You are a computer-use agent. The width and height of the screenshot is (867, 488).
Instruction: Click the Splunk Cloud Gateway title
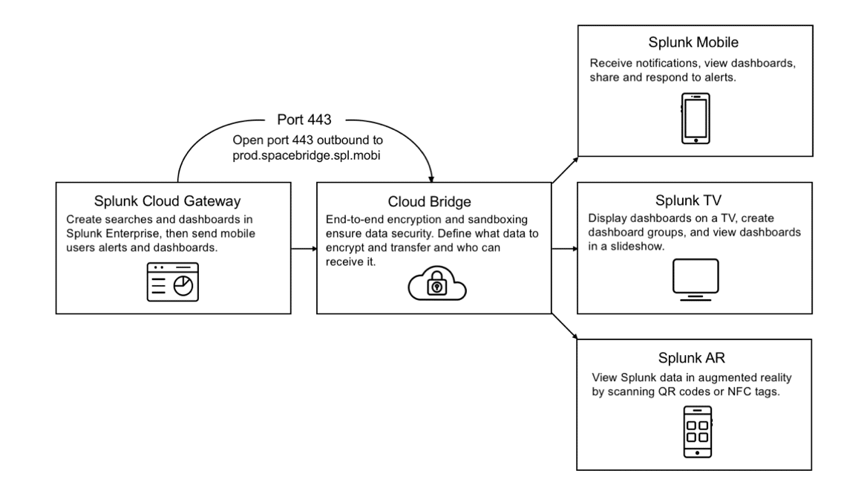pyautogui.click(x=167, y=201)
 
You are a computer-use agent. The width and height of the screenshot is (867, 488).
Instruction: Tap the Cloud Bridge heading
pyautogui.click(x=429, y=201)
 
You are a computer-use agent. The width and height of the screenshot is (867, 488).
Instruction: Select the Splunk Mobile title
pyautogui.click(x=693, y=42)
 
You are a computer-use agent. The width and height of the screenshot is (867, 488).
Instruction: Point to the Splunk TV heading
pyautogui.click(x=688, y=201)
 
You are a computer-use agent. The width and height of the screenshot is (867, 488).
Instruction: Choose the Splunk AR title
pyautogui.click(x=691, y=358)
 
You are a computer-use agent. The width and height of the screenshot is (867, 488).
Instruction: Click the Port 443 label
pyautogui.click(x=304, y=120)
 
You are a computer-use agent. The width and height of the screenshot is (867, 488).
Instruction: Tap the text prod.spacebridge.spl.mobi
pyautogui.click(x=307, y=155)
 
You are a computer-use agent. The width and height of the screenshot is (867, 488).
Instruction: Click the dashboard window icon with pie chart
pyautogui.click(x=172, y=282)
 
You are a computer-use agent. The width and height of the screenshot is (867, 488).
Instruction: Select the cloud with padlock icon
pyautogui.click(x=436, y=283)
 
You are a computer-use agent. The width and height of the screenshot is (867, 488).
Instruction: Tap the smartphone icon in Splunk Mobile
pyautogui.click(x=696, y=118)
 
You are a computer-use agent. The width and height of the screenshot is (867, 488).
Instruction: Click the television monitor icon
pyautogui.click(x=696, y=279)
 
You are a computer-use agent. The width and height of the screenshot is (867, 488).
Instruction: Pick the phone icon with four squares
pyautogui.click(x=697, y=432)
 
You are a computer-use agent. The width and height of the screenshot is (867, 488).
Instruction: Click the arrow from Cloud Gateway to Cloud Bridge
pyautogui.click(x=304, y=249)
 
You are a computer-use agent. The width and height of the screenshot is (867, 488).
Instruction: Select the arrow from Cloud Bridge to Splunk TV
pyautogui.click(x=565, y=249)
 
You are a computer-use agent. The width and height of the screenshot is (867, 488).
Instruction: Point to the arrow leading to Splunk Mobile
pyautogui.click(x=565, y=169)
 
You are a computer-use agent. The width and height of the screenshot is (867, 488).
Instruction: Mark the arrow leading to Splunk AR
pyautogui.click(x=565, y=326)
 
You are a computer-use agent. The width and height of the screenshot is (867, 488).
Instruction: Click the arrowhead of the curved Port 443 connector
pyautogui.click(x=431, y=179)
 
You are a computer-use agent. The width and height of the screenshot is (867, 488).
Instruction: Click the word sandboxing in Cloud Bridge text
pyautogui.click(x=497, y=220)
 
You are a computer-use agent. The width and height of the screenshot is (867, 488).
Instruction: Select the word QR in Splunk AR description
pyautogui.click(x=667, y=391)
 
